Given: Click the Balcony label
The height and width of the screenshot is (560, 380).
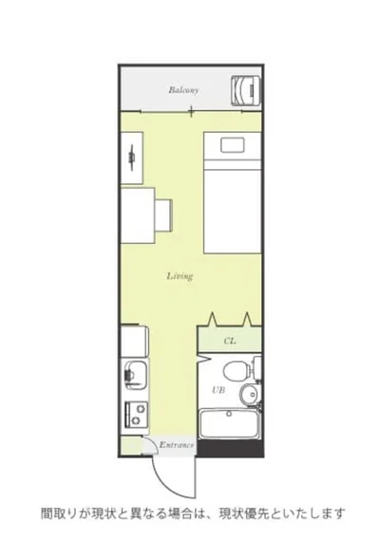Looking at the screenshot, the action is point(183,89).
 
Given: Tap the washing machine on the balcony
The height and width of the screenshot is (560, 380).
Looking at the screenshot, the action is point(246,91).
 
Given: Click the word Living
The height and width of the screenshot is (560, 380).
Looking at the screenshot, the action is point(180,276).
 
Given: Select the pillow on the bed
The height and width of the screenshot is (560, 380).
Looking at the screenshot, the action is point(233,145).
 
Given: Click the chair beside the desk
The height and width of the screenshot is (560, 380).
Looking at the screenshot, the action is point(163,215).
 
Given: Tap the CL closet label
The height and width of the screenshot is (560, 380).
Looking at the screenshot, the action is point(230,341).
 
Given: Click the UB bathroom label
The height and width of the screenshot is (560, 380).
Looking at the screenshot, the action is point(218,390).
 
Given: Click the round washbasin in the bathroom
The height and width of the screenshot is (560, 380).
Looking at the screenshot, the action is point(249,394).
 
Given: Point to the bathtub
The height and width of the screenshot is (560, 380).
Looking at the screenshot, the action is point(229,424).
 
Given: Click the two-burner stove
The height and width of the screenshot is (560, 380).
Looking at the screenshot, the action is point(136,414).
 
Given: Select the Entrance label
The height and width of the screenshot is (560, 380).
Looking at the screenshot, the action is point(177,445).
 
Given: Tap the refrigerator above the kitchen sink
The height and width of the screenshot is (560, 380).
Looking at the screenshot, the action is point(134,341).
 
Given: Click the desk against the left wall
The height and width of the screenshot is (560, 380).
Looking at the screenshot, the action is point(138,215).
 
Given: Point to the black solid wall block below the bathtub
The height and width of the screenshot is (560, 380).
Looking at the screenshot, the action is point(231,449).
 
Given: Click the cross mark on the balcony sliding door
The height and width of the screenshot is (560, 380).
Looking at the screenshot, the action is point(192,111).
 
